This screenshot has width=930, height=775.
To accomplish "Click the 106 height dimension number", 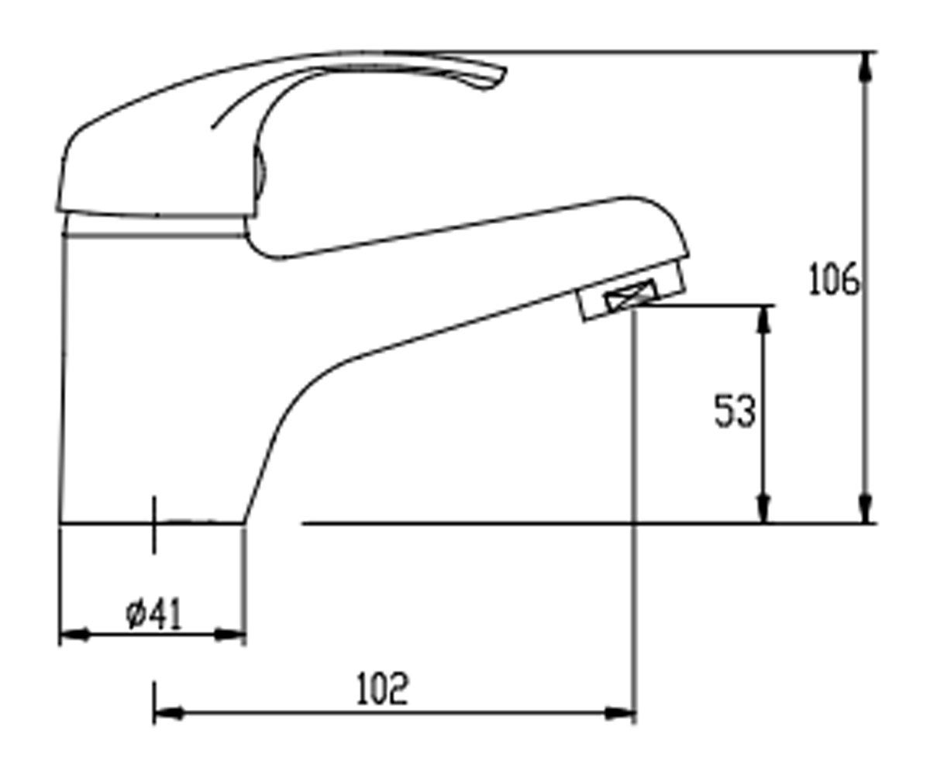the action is [834, 279].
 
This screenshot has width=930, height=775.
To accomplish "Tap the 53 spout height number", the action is [735, 411].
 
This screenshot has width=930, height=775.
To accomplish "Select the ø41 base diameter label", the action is [154, 615].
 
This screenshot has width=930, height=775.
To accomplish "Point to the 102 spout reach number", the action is [382, 689].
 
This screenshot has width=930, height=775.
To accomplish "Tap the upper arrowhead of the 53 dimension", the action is [764, 321].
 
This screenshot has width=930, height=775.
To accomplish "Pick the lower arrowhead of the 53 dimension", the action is [764, 508].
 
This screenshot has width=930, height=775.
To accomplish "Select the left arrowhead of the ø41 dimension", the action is [74, 635].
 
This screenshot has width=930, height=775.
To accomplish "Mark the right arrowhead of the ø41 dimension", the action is [230, 635].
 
